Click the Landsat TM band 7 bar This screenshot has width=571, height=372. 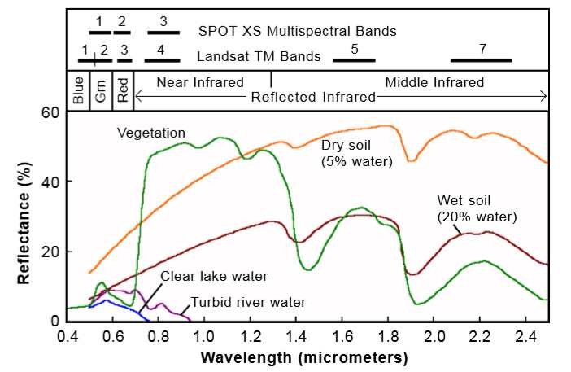pyautogui.click(x=482, y=59)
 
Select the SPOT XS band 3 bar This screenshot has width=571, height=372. pyautogui.click(x=163, y=33)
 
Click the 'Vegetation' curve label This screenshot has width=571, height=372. pyautogui.click(x=151, y=133)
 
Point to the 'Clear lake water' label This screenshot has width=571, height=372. pyautogui.click(x=214, y=275)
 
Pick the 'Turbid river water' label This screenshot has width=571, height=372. pyautogui.click(x=248, y=302)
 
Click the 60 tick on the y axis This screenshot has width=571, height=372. pyautogui.click(x=51, y=112)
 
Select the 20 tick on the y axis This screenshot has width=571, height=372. pyautogui.click(x=51, y=251)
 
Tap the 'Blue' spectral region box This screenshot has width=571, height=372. pyautogui.click(x=78, y=90)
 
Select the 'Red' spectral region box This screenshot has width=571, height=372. pyautogui.click(x=123, y=90)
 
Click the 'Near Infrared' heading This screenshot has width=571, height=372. pyautogui.click(x=200, y=82)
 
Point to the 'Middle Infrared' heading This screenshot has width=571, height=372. pyautogui.click(x=434, y=82)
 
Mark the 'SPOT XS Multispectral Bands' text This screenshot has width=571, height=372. pyautogui.click(x=298, y=32)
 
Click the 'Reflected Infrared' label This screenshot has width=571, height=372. pyautogui.click(x=314, y=97)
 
